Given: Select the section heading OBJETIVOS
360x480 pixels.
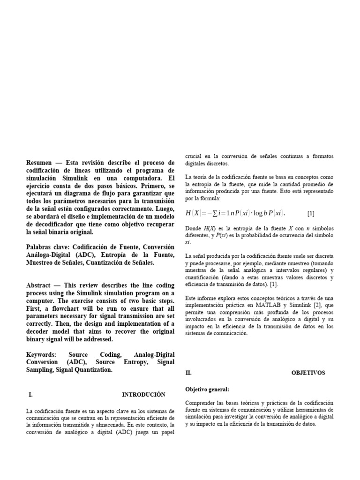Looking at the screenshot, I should pos(308,373).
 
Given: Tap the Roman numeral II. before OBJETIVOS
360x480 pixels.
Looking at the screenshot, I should pos(189,373).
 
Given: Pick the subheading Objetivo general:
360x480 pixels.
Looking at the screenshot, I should pos(207,389).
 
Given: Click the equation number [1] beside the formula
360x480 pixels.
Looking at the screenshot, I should pos(311,214).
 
